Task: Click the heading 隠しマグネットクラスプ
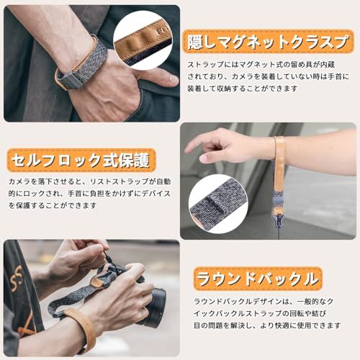268,42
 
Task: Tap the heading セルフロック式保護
81,161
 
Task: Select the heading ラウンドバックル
258,279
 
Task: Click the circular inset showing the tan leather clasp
143,40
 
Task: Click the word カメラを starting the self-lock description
23,181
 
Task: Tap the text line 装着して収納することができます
243,89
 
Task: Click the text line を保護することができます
53,205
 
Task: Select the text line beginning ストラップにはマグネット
261,65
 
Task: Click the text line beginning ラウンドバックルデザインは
264,302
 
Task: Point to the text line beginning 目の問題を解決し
267,325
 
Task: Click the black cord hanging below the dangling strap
279,228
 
